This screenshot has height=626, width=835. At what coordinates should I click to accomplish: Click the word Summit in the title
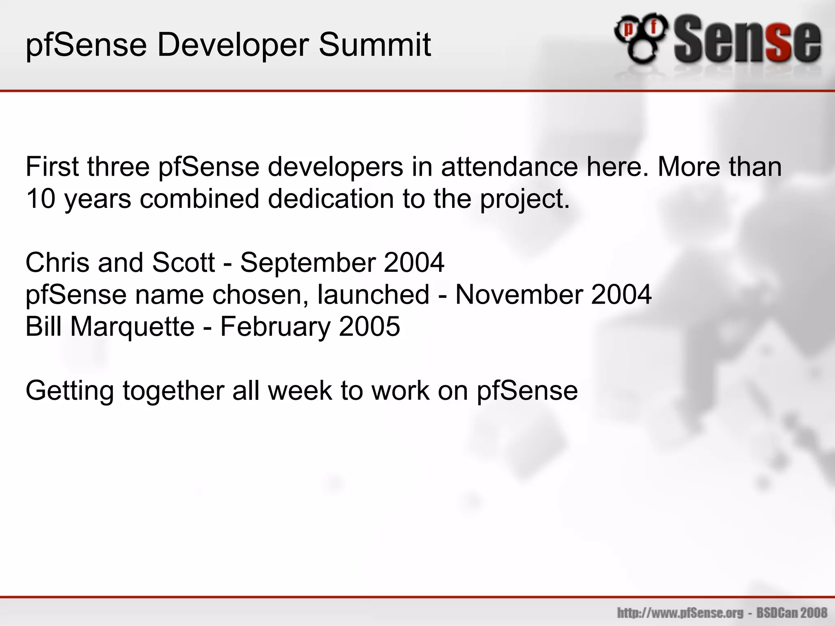pyautogui.click(x=374, y=45)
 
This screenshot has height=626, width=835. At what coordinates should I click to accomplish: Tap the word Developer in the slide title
pyautogui.click(x=232, y=46)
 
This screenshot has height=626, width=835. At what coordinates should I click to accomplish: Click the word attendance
pyautogui.click(x=510, y=167)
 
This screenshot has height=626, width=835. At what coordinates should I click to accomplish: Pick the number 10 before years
pyautogui.click(x=40, y=199)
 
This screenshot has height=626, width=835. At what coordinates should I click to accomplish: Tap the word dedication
pyautogui.click(x=331, y=199)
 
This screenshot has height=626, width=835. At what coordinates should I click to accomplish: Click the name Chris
pyautogui.click(x=57, y=262)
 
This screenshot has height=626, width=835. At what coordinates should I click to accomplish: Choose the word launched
pyautogui.click(x=373, y=295)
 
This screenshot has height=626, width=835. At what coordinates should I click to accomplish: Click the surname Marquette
pyautogui.click(x=133, y=327)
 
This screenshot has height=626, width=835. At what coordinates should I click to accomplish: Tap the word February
pyautogui.click(x=275, y=327)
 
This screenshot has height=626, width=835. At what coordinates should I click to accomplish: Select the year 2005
pyautogui.click(x=369, y=327)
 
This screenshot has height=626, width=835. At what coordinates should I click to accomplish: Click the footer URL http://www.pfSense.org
pyautogui.click(x=680, y=613)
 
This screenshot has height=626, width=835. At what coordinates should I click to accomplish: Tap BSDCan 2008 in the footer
pyautogui.click(x=792, y=613)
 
